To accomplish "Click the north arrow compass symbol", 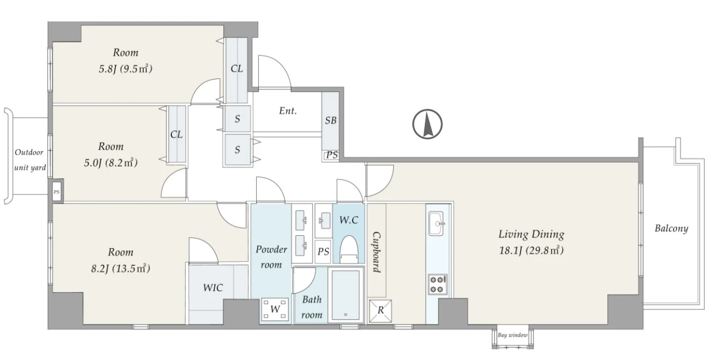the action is coord(427,124).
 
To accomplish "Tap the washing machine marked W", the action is coord(275,309).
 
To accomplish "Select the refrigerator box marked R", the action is coord(380,311).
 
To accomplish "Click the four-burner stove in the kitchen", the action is coord(437,284).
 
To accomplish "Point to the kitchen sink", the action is coord(437,223).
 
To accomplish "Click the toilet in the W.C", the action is coord(349,249).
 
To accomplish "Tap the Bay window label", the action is coord(512,335).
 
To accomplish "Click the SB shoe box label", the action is coord(331,120).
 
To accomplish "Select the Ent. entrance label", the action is coord(288,111).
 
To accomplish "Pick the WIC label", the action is coord(213,288).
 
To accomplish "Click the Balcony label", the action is coord(671,229).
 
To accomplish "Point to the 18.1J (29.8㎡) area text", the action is coord(531,251).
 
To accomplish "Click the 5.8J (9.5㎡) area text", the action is coord(125,69).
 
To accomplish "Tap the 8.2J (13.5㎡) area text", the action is coord(121,269).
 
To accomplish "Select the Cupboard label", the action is coord(377,252).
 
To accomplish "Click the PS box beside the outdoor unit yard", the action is coord(56,192).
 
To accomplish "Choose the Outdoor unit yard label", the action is coord(30,160).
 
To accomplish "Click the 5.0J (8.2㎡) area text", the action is coord(111,163).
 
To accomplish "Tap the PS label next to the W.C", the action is coord(323,252).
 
